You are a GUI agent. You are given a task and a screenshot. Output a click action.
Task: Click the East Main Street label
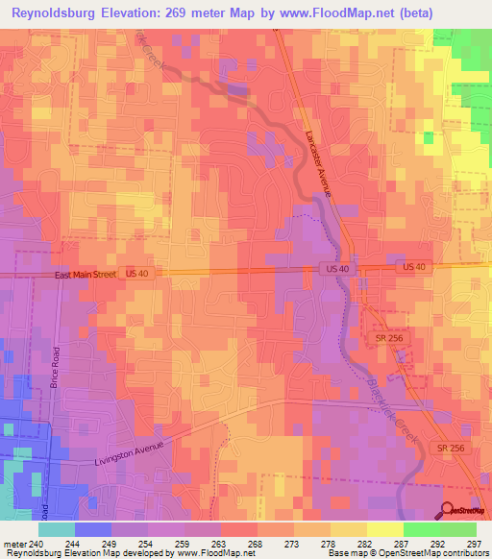84,276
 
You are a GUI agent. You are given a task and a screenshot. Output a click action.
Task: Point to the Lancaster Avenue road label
318,164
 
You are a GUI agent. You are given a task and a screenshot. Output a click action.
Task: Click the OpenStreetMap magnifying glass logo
448,511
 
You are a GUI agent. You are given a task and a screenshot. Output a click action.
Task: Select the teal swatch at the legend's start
56,528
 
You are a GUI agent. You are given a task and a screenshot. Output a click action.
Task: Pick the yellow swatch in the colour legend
384,528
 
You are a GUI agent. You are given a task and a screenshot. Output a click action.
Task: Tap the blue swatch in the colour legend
92,528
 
